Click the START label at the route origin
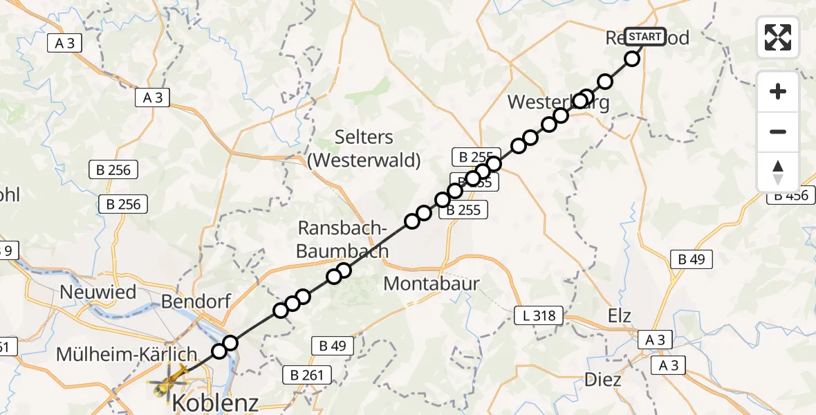(646, 37)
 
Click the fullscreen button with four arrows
(778, 37)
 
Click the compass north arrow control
(778, 172)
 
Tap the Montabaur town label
(432, 283)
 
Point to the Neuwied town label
(98, 292)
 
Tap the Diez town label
(602, 380)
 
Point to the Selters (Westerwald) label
(364, 148)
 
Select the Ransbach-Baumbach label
(342, 239)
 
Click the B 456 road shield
(790, 196)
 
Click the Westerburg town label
(559, 102)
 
